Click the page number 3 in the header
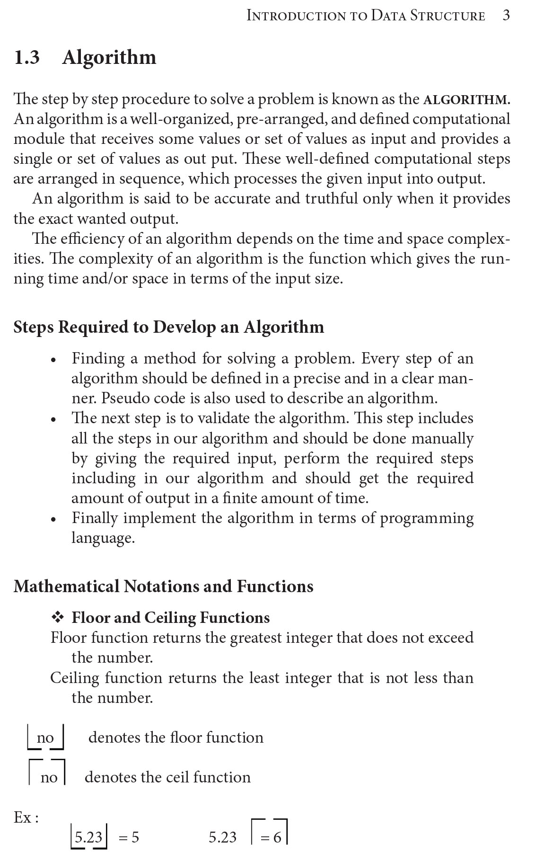pyautogui.click(x=506, y=16)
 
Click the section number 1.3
pyautogui.click(x=27, y=58)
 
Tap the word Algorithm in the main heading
pyautogui.click(x=109, y=58)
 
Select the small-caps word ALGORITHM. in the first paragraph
pyautogui.click(x=466, y=100)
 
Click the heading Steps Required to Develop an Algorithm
pyautogui.click(x=168, y=327)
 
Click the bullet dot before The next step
pyautogui.click(x=54, y=420)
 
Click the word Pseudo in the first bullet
pyautogui.click(x=123, y=399)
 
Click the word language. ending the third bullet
pyautogui.click(x=103, y=538)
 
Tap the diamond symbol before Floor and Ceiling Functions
pyautogui.click(x=58, y=618)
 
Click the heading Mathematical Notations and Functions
pyautogui.click(x=163, y=586)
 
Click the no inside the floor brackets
pyautogui.click(x=45, y=738)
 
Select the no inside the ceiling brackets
pyautogui.click(x=49, y=778)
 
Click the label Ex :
pyautogui.click(x=26, y=817)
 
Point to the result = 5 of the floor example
pyautogui.click(x=129, y=838)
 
